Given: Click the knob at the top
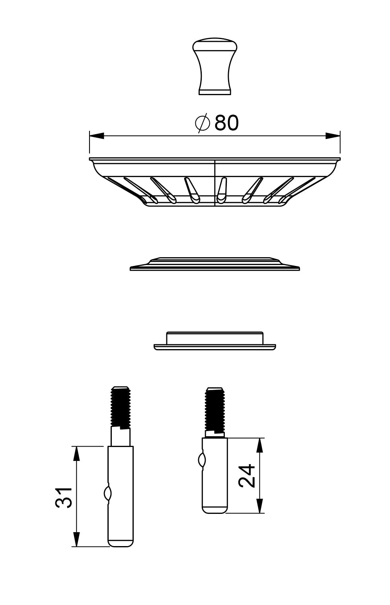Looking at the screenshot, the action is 215,66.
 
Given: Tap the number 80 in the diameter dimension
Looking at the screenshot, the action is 226,123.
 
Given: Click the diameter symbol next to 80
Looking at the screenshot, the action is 203,123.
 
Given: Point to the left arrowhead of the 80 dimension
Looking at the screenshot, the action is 97,136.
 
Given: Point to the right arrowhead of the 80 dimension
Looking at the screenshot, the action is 332,136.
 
